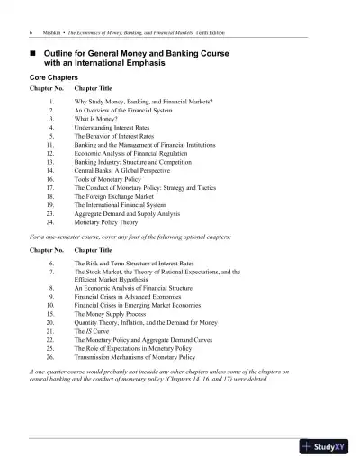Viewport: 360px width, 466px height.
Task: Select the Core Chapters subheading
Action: click(x=57, y=78)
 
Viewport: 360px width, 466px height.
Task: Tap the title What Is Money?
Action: click(x=95, y=119)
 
